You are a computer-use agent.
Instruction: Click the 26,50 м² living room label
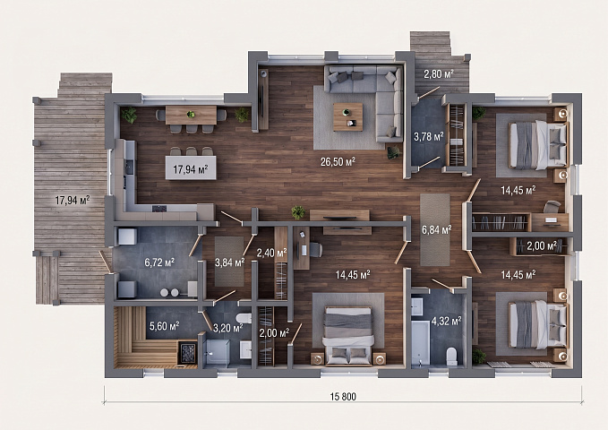click(x=338, y=162)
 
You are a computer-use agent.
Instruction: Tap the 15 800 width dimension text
click(x=343, y=397)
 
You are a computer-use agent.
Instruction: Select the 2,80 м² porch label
click(x=439, y=73)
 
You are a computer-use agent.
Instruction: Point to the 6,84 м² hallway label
click(x=436, y=230)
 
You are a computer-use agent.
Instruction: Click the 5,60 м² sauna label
click(x=165, y=325)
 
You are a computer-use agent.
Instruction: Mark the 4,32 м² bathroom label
click(x=446, y=321)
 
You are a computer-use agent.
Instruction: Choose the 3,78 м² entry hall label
click(x=429, y=136)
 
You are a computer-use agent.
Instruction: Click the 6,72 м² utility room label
click(x=159, y=262)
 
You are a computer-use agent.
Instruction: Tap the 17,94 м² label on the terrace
click(x=73, y=201)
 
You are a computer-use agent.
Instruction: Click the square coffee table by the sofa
click(x=347, y=116)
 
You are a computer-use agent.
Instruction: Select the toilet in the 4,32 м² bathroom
click(x=451, y=357)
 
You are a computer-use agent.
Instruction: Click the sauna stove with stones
click(x=187, y=352)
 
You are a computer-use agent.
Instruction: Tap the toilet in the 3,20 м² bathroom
click(x=244, y=318)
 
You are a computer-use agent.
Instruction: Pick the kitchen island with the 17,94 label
click(x=191, y=168)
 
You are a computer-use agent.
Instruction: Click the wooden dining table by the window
click(x=191, y=115)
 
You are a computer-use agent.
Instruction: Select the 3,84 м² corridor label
click(x=229, y=262)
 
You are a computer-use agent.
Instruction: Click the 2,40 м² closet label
click(x=271, y=253)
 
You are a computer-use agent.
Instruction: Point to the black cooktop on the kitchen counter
click(x=159, y=209)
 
